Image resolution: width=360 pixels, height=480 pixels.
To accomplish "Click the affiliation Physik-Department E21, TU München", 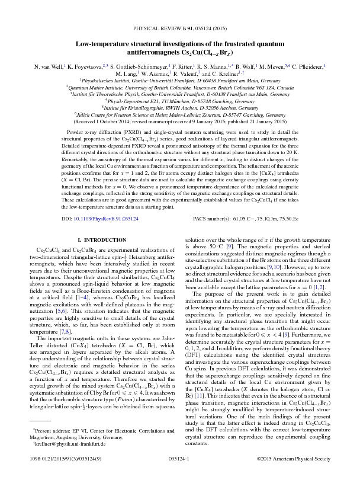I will [180, 101].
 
